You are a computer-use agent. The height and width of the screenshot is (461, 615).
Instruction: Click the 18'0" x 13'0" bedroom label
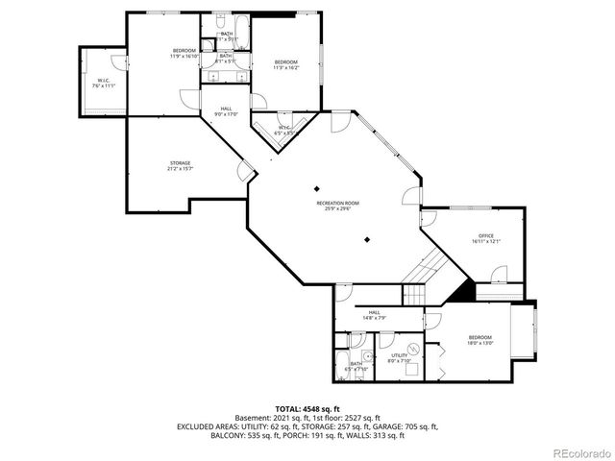point(480,340)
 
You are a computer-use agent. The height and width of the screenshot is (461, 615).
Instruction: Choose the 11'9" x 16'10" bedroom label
point(184,53)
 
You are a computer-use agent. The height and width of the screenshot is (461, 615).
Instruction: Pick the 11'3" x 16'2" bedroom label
point(285,64)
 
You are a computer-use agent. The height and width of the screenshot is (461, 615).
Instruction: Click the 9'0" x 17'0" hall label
point(225,111)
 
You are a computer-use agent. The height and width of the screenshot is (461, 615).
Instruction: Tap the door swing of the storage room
point(247,171)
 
